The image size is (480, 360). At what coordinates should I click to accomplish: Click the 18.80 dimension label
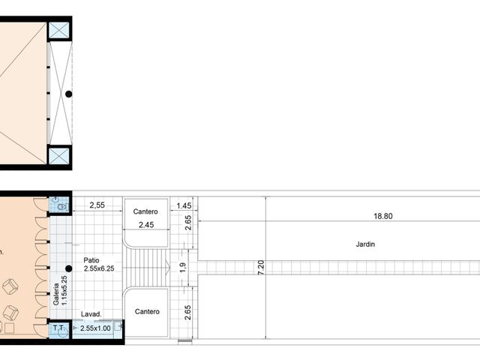tap(382, 216)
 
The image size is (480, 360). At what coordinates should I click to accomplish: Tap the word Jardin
tap(365, 244)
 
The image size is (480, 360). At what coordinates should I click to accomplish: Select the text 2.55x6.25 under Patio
tap(100, 268)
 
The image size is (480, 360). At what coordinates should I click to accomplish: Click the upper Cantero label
tap(146, 212)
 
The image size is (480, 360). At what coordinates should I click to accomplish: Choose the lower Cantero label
tap(146, 311)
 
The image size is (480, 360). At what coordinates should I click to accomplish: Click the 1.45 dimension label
tap(184, 205)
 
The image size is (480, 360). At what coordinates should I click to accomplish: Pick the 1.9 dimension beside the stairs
tap(182, 267)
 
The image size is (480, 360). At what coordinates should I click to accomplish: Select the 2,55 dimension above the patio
tap(97, 204)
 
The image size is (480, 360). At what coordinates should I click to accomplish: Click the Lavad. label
tap(91, 315)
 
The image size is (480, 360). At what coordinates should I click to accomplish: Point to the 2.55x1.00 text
tap(95, 328)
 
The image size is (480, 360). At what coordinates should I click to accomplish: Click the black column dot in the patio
tap(68, 268)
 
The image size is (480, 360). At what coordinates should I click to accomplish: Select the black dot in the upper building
tap(69, 94)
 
